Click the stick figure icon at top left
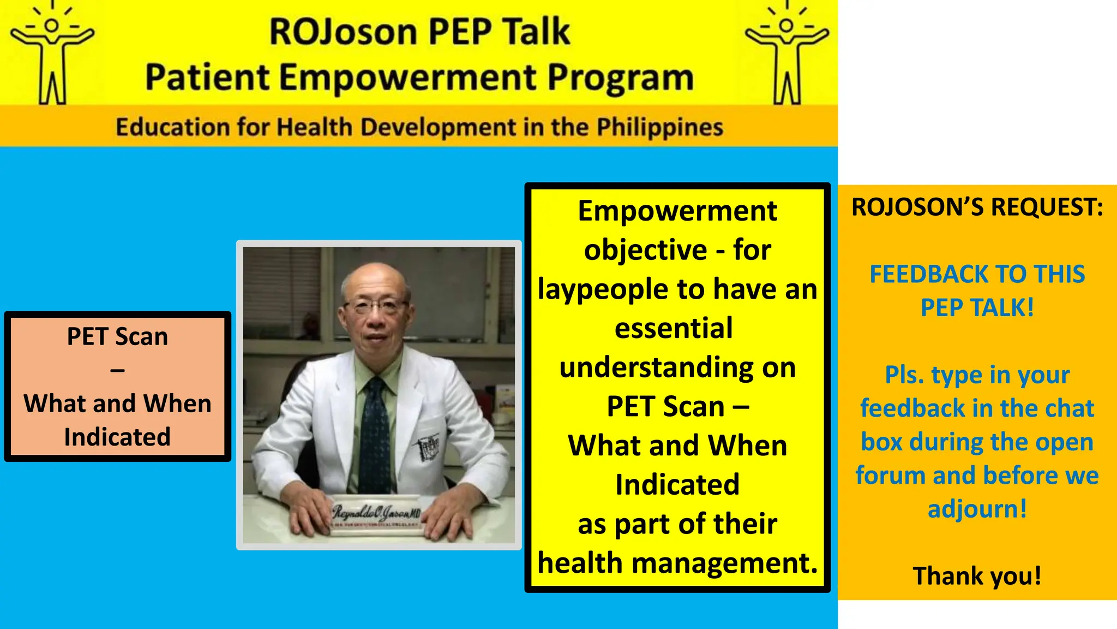[x=52, y=55]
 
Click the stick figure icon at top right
[x=786, y=55]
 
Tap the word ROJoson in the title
[x=343, y=32]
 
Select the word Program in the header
[x=621, y=78]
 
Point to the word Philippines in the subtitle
[x=659, y=127]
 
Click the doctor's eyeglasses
[x=376, y=305]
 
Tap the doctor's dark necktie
[x=376, y=431]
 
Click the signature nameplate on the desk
[x=376, y=513]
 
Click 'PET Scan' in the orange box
[x=117, y=336]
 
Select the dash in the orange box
[x=117, y=371]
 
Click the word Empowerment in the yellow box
[x=677, y=211]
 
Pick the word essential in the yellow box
[x=674, y=329]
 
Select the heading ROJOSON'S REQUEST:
[x=977, y=207]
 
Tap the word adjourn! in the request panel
[x=977, y=509]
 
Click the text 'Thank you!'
[x=977, y=576]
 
